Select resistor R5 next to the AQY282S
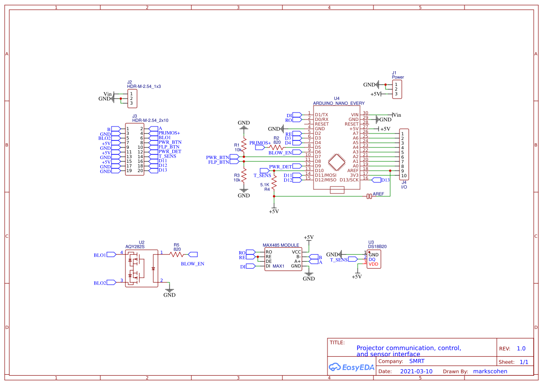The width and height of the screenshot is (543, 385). (177, 254)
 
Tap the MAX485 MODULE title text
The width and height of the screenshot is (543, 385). (281, 245)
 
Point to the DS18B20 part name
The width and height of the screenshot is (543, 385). (377, 247)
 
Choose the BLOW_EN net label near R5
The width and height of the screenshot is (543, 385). (192, 264)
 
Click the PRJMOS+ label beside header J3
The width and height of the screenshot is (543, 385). (169, 133)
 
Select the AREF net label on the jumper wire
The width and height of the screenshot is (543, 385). (379, 193)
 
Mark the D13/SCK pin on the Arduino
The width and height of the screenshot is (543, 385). (349, 179)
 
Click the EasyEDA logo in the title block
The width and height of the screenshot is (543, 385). (351, 367)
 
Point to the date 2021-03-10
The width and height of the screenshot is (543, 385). (416, 372)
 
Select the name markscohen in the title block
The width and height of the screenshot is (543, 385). (490, 372)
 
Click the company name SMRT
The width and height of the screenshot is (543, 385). (417, 361)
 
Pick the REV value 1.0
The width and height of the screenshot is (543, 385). (521, 348)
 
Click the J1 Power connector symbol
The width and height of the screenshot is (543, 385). (397, 89)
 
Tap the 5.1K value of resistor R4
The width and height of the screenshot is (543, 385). (265, 185)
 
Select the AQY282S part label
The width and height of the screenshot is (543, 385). (135, 247)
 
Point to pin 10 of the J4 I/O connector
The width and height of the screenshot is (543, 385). (402, 175)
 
